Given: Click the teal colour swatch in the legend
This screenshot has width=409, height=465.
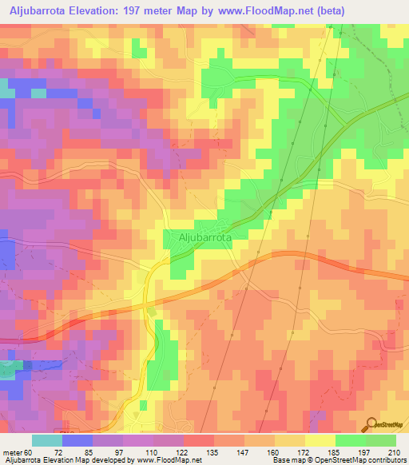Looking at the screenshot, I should [47, 441].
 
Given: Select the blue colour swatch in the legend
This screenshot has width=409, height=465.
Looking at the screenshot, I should [77, 441].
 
